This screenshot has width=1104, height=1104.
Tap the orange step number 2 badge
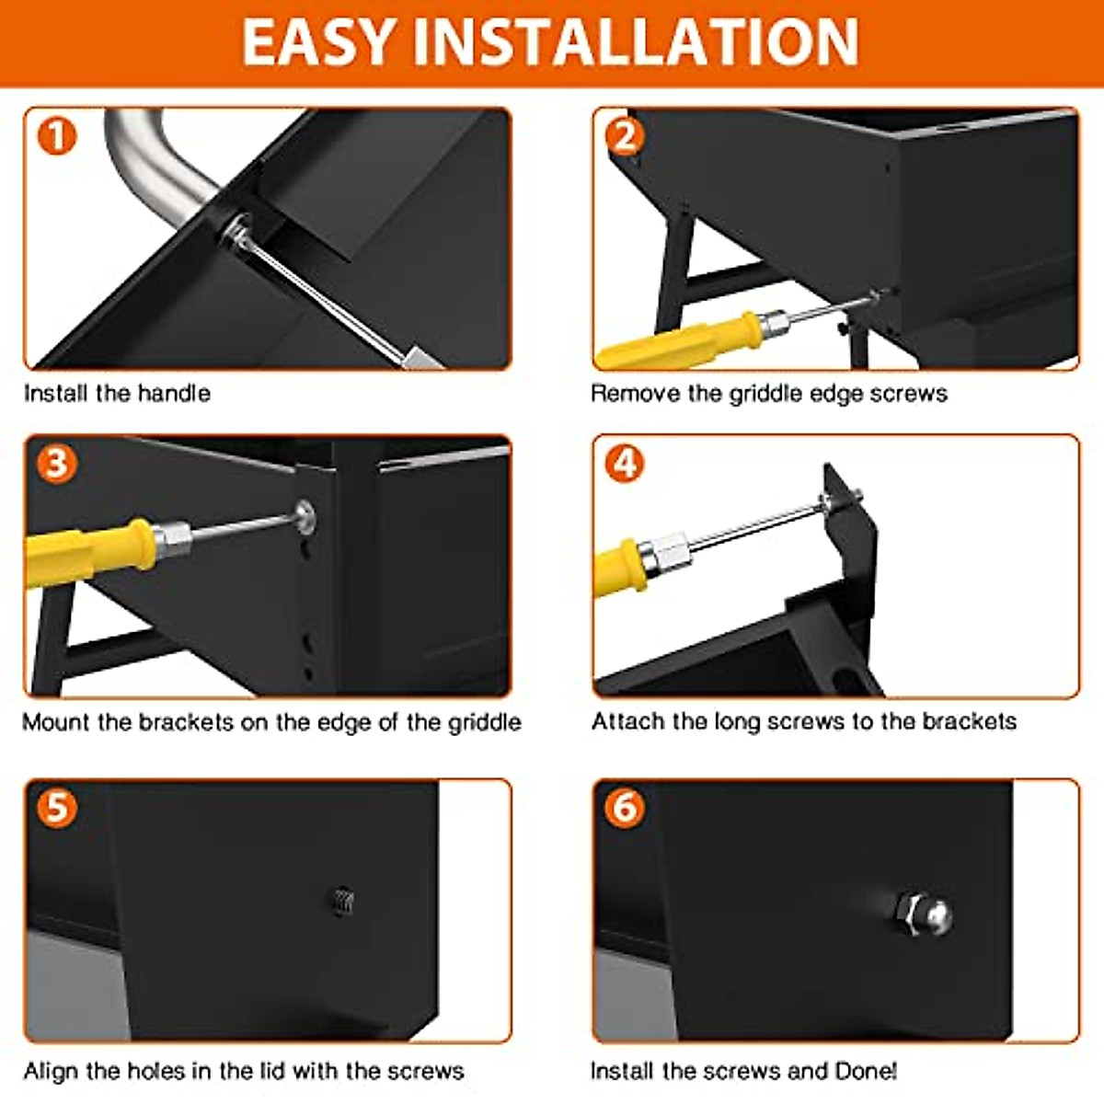(625, 136)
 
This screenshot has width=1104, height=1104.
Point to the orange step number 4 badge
(625, 464)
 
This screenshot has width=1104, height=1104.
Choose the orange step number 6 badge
(625, 808)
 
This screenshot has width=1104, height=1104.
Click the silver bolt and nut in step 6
(923, 914)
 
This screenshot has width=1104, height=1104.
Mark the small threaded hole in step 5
(342, 902)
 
